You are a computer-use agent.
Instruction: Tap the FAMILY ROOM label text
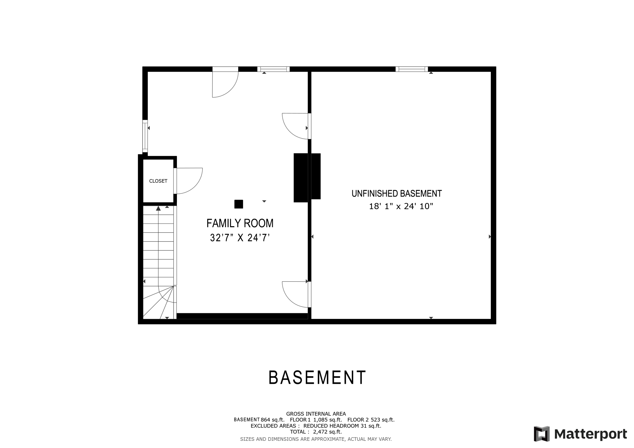[240, 223]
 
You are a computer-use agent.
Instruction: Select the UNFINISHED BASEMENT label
[396, 194]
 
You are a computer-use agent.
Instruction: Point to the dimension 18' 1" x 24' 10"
[401, 207]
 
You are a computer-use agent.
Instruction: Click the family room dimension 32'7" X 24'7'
[240, 238]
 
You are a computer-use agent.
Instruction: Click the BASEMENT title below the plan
[317, 378]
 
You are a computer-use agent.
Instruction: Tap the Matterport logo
[580, 434]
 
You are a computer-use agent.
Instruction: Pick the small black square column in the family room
[239, 204]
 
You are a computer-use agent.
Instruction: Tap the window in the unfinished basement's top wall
[411, 69]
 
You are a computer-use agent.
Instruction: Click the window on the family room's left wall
[145, 136]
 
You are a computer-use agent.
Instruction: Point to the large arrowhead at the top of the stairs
[158, 208]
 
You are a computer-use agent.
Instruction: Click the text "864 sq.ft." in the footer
[272, 420]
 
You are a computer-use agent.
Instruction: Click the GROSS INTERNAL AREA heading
[316, 414]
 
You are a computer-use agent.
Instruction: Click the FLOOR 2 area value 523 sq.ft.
[383, 420]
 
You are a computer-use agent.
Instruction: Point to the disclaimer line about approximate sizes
[316, 439]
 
